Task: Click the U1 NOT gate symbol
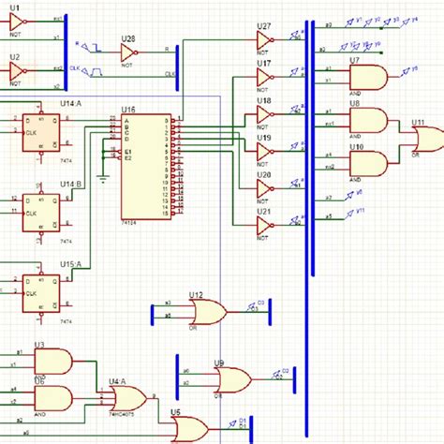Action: (x=17, y=20)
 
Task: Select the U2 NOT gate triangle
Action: (x=17, y=69)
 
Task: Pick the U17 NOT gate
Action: (x=264, y=77)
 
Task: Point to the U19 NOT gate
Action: (x=264, y=151)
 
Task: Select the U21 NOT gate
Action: (x=264, y=225)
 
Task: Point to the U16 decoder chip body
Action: (x=145, y=167)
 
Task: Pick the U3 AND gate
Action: (x=52, y=361)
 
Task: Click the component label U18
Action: (x=264, y=100)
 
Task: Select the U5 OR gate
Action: (x=191, y=429)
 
